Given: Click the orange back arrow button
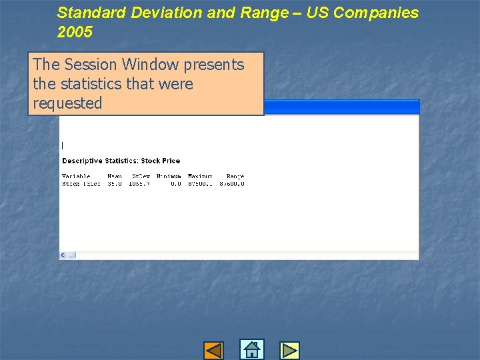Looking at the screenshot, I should click(213, 350).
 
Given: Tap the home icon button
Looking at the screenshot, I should click(252, 350).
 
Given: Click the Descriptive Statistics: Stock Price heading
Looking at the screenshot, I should click(121, 161).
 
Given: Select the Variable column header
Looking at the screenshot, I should click(76, 177).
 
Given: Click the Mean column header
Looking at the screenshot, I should click(115, 177).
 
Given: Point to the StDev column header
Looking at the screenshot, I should click(141, 177).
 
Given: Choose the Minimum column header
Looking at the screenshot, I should click(169, 177).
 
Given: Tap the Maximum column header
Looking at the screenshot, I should click(199, 177).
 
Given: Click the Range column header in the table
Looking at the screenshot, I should click(235, 177).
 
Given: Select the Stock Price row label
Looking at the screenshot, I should click(81, 184).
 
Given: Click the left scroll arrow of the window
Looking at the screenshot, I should click(63, 255).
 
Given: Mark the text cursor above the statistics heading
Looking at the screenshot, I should click(62, 145).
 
